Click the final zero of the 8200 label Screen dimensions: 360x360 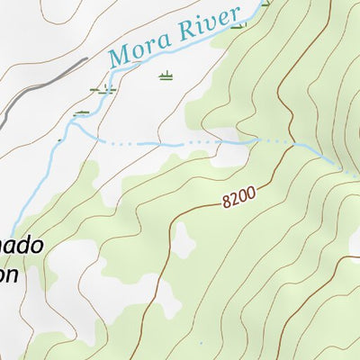(253, 190)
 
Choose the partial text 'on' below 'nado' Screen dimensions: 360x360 (8, 274)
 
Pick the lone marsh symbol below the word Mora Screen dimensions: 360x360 (165, 77)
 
